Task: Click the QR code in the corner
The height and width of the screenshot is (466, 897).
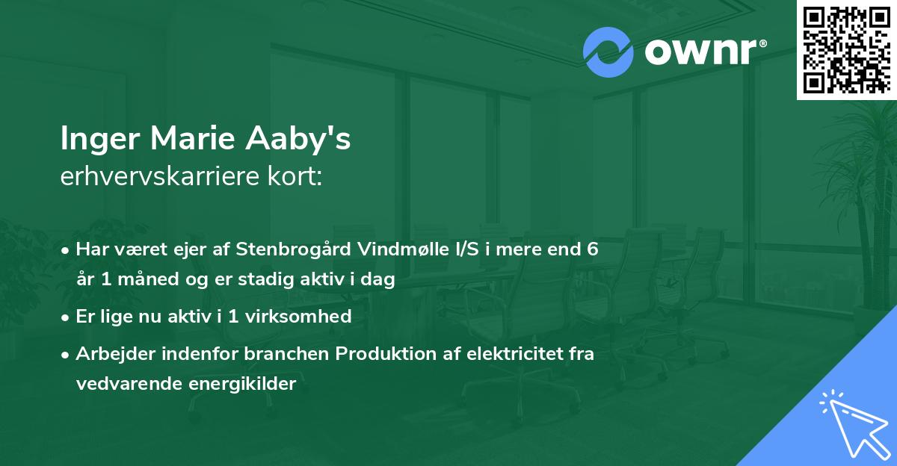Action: [x=846, y=50]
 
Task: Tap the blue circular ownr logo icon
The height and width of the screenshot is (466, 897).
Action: [x=608, y=52]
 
